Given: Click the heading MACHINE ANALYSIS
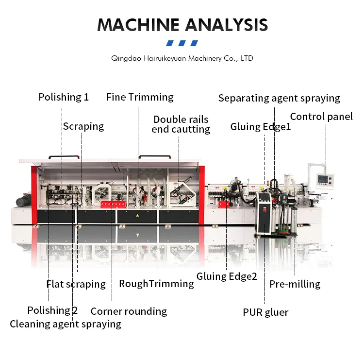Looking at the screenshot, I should pos(182,25).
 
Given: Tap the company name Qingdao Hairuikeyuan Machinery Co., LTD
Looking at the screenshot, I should pos(182,58).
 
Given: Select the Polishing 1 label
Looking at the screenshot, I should pos(64,97).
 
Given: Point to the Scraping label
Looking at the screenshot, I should pos(83,126).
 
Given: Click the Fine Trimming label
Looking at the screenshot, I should pos(140,97).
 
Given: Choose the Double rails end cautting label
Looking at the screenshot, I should pos(181,124).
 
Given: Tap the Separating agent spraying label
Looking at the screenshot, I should pos(279,98).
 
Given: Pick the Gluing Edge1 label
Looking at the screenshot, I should pos(261,127).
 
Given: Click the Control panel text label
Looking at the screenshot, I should pos(321,117).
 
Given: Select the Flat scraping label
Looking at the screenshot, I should pos(76,284).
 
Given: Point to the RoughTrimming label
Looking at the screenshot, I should pos(156,284).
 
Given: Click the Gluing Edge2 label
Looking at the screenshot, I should pos(227,276).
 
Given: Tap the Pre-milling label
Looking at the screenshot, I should pos(295,284).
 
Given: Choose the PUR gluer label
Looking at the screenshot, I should pos(265,312).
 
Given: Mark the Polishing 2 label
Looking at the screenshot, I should pos(52,310).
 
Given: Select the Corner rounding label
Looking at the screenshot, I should pos(129,311).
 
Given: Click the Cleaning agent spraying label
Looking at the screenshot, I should pos(66,324).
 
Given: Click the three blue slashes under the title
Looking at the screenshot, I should pos(182,43).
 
